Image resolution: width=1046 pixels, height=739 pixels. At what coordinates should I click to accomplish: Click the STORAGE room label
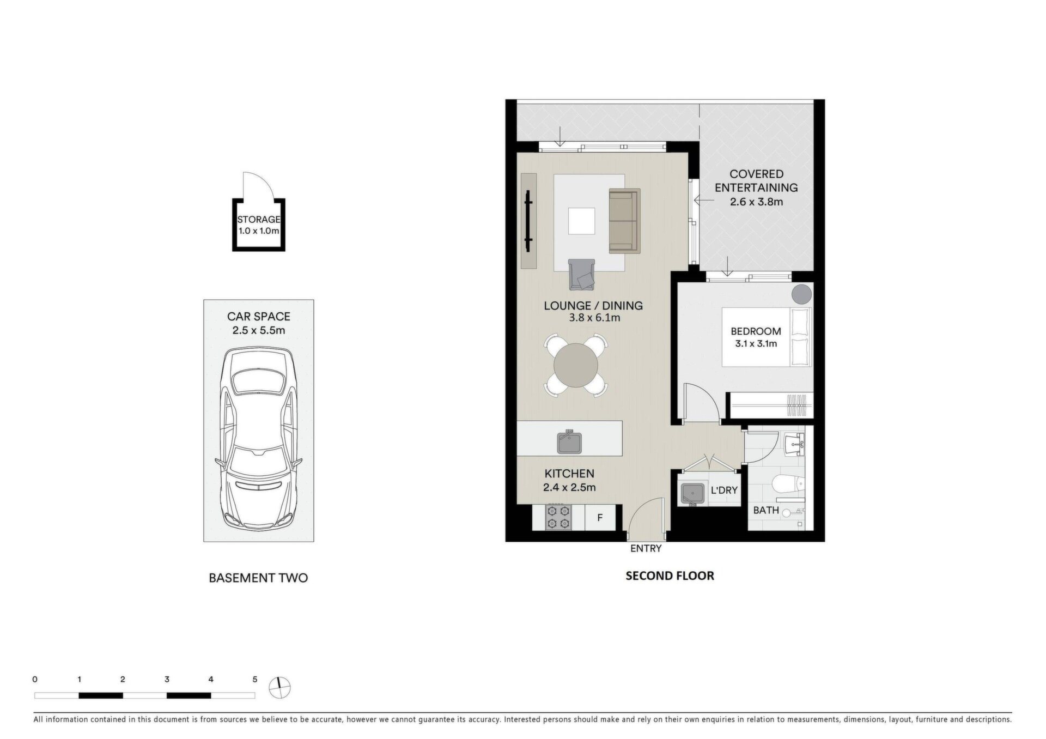pyautogui.click(x=259, y=220)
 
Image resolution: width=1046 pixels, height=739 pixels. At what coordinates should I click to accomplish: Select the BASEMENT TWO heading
pyautogui.click(x=258, y=578)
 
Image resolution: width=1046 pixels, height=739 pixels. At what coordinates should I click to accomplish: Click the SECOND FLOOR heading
pyautogui.click(x=670, y=576)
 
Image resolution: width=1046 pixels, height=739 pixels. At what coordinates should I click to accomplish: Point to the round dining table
pyautogui.click(x=576, y=365)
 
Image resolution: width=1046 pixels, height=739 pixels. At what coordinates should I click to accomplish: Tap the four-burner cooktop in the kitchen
pyautogui.click(x=559, y=517)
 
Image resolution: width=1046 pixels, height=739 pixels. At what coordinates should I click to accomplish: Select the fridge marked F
pyautogui.click(x=600, y=517)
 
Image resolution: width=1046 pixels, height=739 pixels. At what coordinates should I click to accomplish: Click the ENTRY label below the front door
pyautogui.click(x=646, y=548)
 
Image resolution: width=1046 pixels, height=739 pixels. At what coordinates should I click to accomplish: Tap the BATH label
pyautogui.click(x=766, y=511)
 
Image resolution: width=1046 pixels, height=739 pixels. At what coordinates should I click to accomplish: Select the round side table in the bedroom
pyautogui.click(x=801, y=295)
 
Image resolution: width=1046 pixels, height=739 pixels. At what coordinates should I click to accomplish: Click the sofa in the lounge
pyautogui.click(x=624, y=221)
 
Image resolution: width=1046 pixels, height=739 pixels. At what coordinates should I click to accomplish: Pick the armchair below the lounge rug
pyautogui.click(x=582, y=275)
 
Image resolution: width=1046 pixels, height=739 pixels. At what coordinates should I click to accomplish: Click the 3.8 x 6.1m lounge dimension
pyautogui.click(x=594, y=318)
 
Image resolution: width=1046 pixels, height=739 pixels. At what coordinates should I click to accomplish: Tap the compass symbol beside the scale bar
pyautogui.click(x=280, y=687)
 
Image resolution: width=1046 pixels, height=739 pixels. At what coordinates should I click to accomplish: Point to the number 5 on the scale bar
pyautogui.click(x=254, y=680)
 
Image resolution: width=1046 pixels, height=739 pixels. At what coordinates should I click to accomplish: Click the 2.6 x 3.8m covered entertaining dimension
pyautogui.click(x=756, y=202)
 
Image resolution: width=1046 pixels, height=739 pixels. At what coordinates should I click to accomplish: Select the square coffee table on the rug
pyautogui.click(x=582, y=221)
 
